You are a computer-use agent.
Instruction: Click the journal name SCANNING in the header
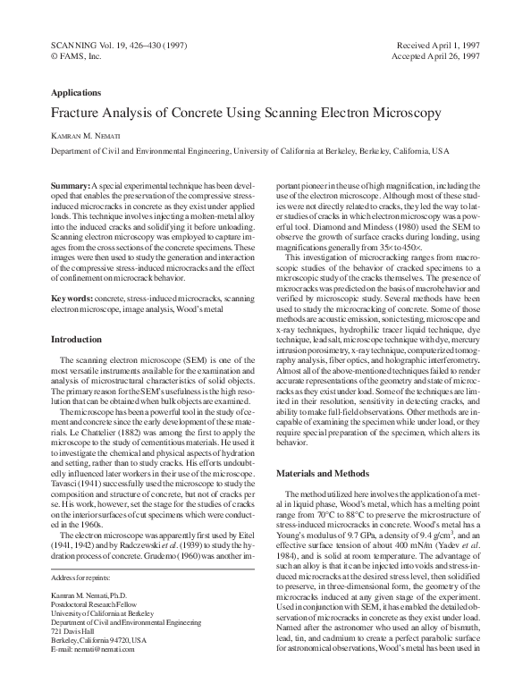[x=76, y=44]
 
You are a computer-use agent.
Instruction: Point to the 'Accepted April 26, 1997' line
[x=437, y=55]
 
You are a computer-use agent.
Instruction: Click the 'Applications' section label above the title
[x=76, y=92]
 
